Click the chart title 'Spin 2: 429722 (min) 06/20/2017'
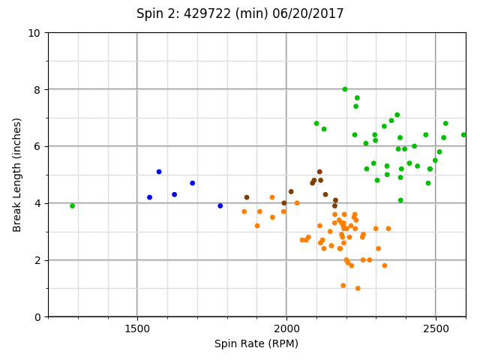point(240,13)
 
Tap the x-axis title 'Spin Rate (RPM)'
point(256,343)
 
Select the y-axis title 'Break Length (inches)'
point(17,175)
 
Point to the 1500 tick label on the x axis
point(136,328)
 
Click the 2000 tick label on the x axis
point(286,328)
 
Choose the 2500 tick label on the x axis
point(436,328)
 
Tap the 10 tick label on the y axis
point(34,33)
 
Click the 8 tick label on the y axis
point(37,90)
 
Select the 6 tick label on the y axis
point(37,147)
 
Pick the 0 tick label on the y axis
point(37,317)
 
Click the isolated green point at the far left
point(72,205)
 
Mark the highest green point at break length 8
point(345,89)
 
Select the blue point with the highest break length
point(159,172)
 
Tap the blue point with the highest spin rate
point(220,205)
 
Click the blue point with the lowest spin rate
point(149,197)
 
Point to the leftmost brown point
point(247,197)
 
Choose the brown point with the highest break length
point(319,172)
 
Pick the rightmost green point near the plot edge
point(463,135)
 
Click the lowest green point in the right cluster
point(400,200)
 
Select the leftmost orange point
point(244,211)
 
